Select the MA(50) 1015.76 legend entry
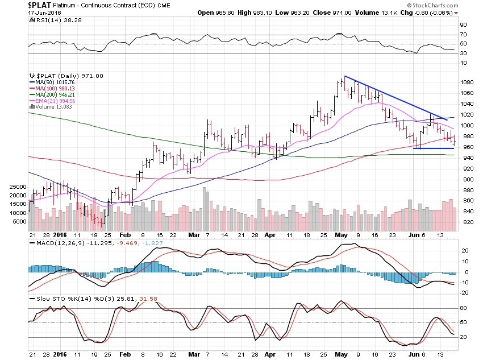coord(52,82)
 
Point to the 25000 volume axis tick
coord(18,187)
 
